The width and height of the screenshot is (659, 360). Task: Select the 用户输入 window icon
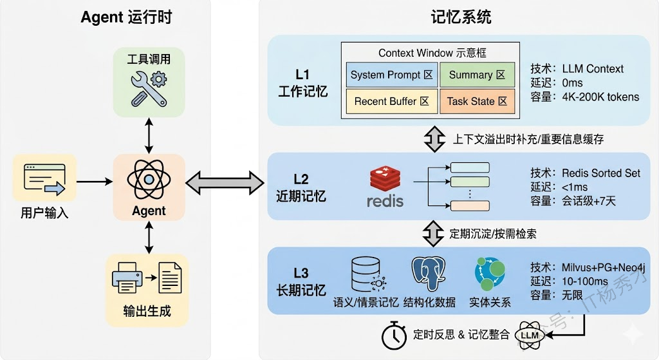coord(44,180)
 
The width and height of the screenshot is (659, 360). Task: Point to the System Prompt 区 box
coord(391,75)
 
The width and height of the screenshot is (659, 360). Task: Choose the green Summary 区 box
coord(477,75)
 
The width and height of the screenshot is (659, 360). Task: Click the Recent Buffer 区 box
coord(391,101)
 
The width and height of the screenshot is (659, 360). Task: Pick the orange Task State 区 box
coord(477,101)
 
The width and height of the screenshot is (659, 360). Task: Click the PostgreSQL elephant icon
coord(429,275)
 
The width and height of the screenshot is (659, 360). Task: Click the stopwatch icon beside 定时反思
coord(393,335)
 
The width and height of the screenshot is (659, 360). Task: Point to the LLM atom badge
coord(529,336)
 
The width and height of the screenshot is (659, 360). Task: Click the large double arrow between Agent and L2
coord(227,183)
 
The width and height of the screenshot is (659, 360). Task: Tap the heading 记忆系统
coord(461,17)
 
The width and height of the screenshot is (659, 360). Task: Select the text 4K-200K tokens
coord(600,97)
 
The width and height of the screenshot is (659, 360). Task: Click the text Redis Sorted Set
coord(601,173)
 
